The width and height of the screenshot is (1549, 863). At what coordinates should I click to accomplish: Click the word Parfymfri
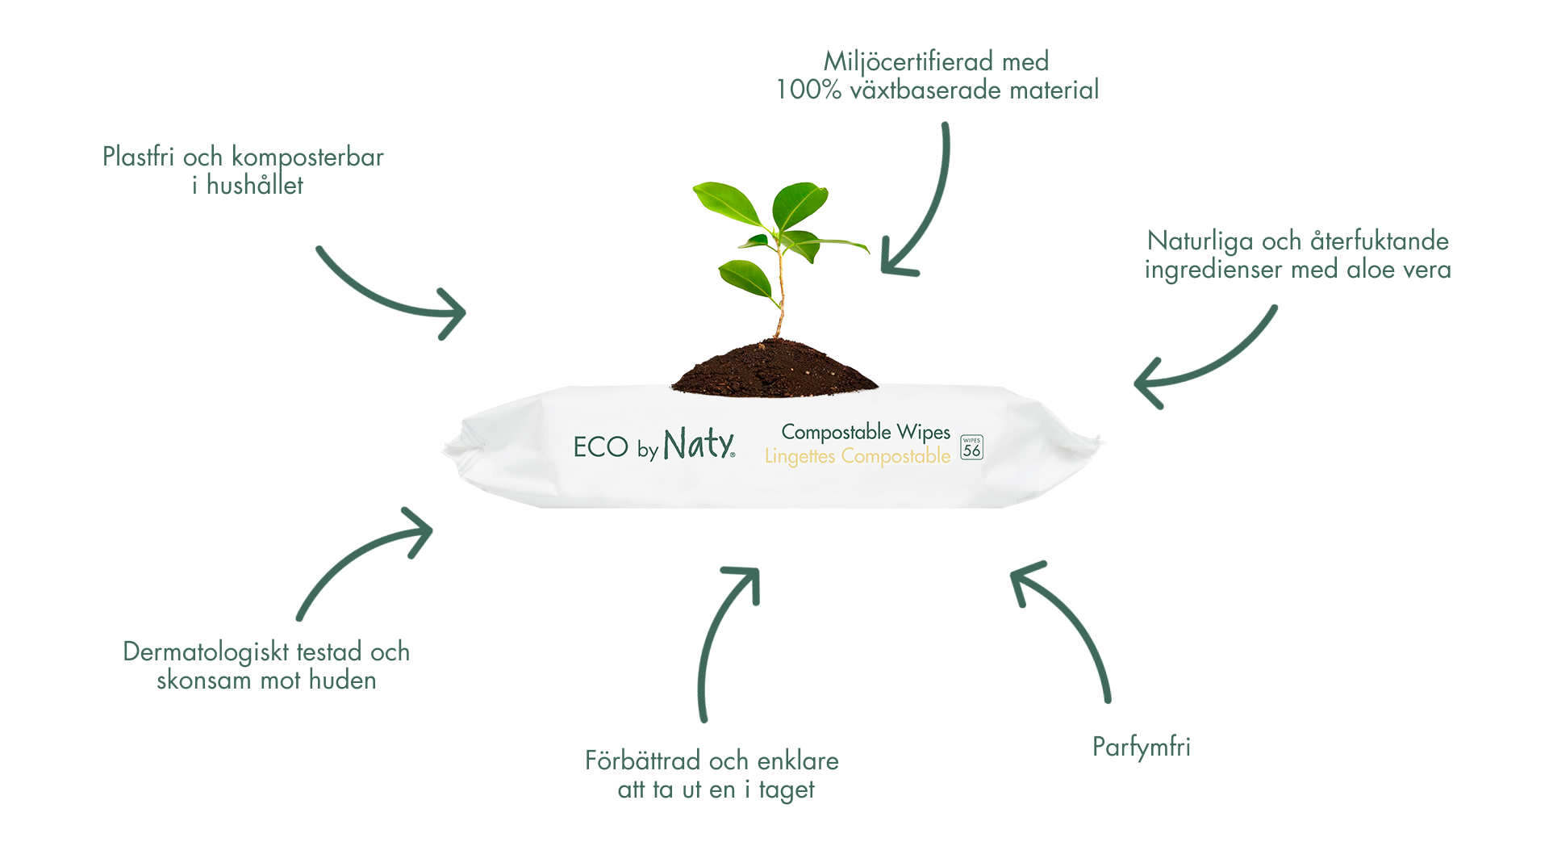1141,747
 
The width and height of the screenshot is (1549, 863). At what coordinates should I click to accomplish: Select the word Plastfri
138,156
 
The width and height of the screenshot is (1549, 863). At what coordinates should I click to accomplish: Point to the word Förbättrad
642,760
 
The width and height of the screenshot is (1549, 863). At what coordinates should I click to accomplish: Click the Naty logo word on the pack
699,444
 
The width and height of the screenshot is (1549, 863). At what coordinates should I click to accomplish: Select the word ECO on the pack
600,446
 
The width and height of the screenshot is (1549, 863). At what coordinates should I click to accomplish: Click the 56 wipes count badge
971,447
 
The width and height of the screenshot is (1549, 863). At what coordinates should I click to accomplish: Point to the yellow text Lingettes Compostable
858,456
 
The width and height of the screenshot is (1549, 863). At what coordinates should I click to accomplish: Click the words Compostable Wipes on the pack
866,432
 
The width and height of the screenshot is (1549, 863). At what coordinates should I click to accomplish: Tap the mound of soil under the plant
774,369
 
